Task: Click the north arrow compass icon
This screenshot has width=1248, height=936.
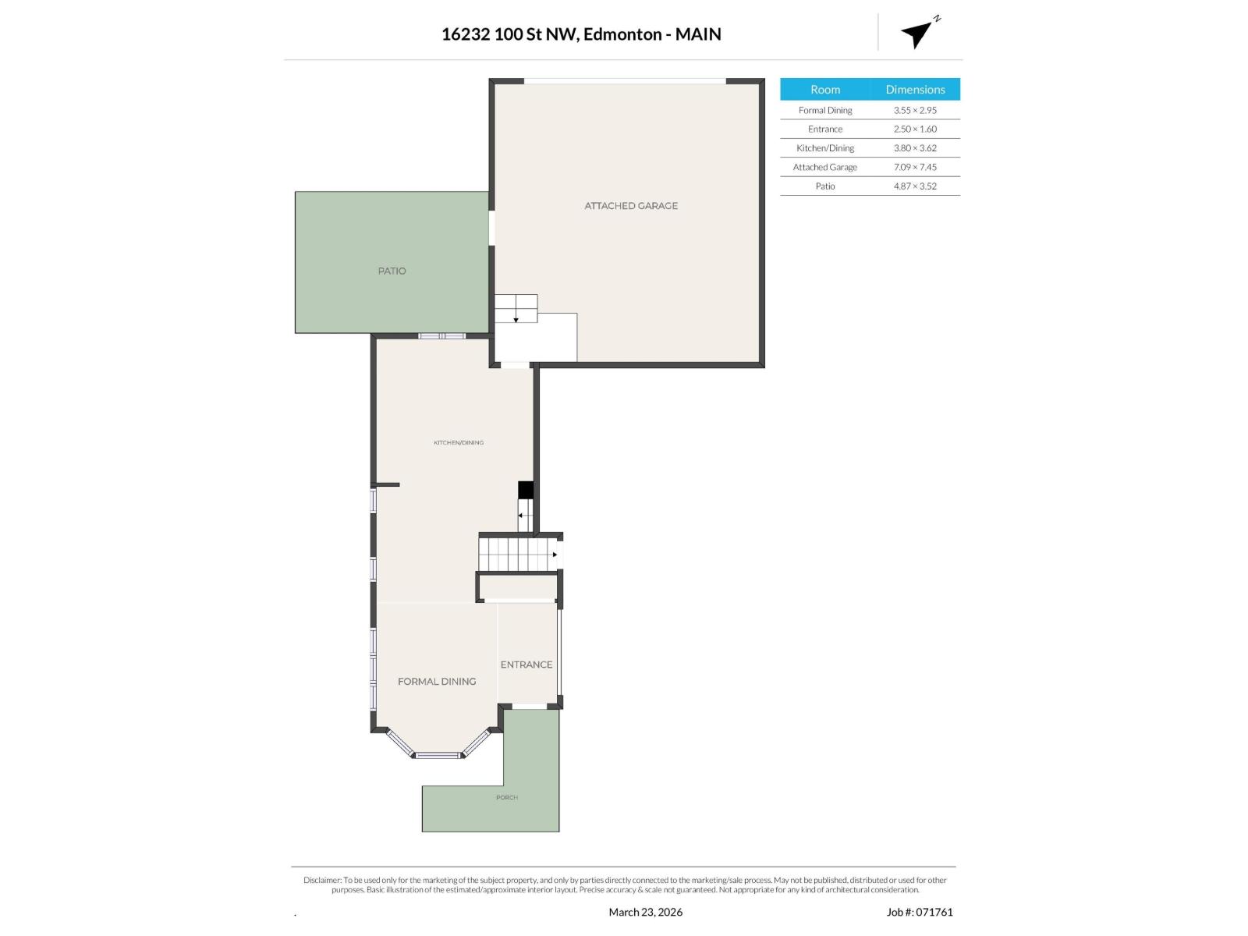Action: [x=918, y=34]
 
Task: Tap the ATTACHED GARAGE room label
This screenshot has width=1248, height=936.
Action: [x=631, y=206]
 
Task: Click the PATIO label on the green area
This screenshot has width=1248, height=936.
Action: [x=392, y=271]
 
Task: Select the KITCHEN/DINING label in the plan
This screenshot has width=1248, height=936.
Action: [x=459, y=442]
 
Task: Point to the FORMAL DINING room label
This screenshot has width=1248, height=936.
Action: [x=437, y=682]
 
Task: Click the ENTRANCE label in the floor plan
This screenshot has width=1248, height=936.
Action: [x=526, y=665]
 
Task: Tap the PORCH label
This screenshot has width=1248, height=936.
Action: [x=507, y=797]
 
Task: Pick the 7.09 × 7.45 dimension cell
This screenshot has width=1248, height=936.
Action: [x=915, y=167]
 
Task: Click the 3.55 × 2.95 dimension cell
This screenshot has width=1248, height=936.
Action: [x=915, y=110]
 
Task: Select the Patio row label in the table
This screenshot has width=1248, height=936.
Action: [x=825, y=186]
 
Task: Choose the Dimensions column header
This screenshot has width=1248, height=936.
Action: [x=915, y=90]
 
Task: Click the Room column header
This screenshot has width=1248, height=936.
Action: [x=825, y=90]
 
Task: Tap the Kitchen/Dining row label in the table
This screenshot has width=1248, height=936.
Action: [x=825, y=148]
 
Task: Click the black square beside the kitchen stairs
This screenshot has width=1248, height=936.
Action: [x=526, y=490]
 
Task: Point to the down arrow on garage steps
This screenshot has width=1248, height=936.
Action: [x=516, y=318]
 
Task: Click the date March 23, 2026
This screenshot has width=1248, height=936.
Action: [x=645, y=912]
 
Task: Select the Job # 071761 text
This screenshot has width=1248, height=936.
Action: [x=920, y=912]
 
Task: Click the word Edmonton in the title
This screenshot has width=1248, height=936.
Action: [x=622, y=34]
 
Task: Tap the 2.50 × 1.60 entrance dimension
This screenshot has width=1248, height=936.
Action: [x=915, y=129]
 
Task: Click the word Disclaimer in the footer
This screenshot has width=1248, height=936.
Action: [x=322, y=880]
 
